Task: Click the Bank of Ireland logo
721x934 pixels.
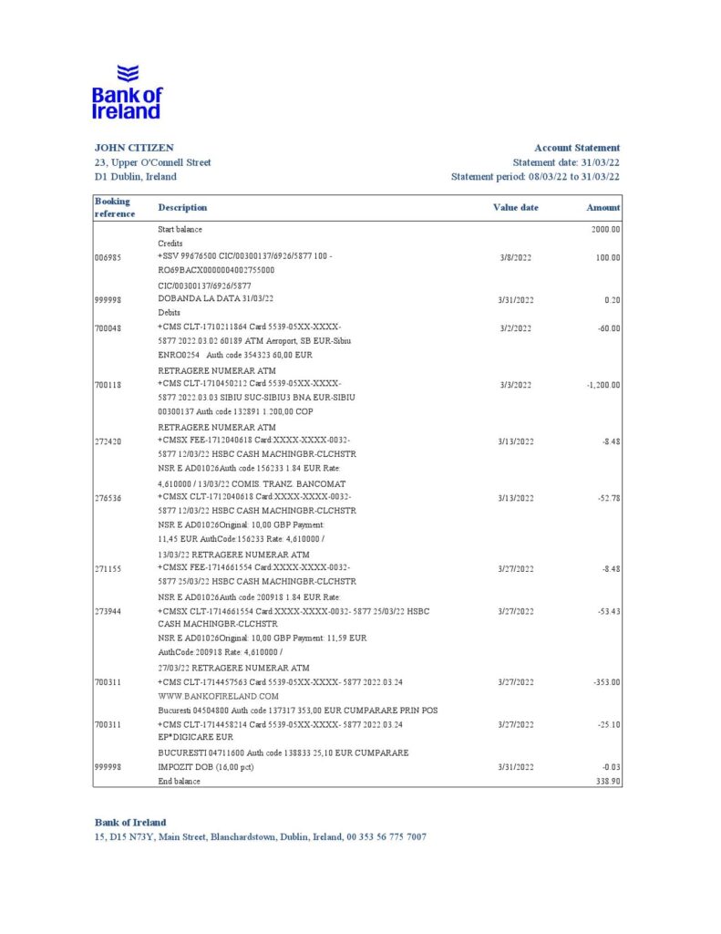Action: [127, 92]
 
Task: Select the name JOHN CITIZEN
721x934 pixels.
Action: [134, 148]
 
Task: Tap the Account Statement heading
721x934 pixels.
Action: [577, 148]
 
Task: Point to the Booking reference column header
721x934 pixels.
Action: [114, 207]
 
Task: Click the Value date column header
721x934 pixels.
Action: [516, 207]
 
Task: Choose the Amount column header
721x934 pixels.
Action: [603, 207]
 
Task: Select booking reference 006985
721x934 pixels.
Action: [108, 257]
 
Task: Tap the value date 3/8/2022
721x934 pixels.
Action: [515, 257]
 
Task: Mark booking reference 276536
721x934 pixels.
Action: [108, 498]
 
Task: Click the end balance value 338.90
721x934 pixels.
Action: [606, 782]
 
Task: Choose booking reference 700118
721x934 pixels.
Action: [108, 385]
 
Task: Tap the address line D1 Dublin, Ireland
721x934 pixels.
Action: [135, 177]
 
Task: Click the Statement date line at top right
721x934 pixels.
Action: [566, 162]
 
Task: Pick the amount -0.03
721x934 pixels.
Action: [610, 767]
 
